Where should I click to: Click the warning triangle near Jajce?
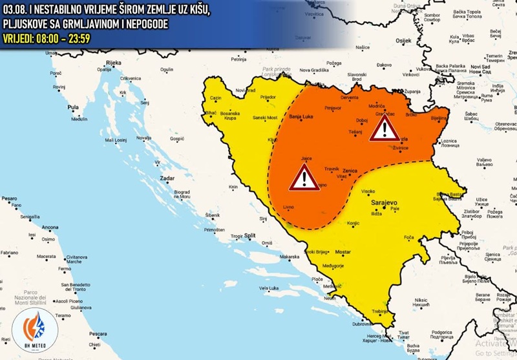304,178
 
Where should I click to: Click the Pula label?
73,107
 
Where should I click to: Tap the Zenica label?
350,171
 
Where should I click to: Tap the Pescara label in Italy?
98,334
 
